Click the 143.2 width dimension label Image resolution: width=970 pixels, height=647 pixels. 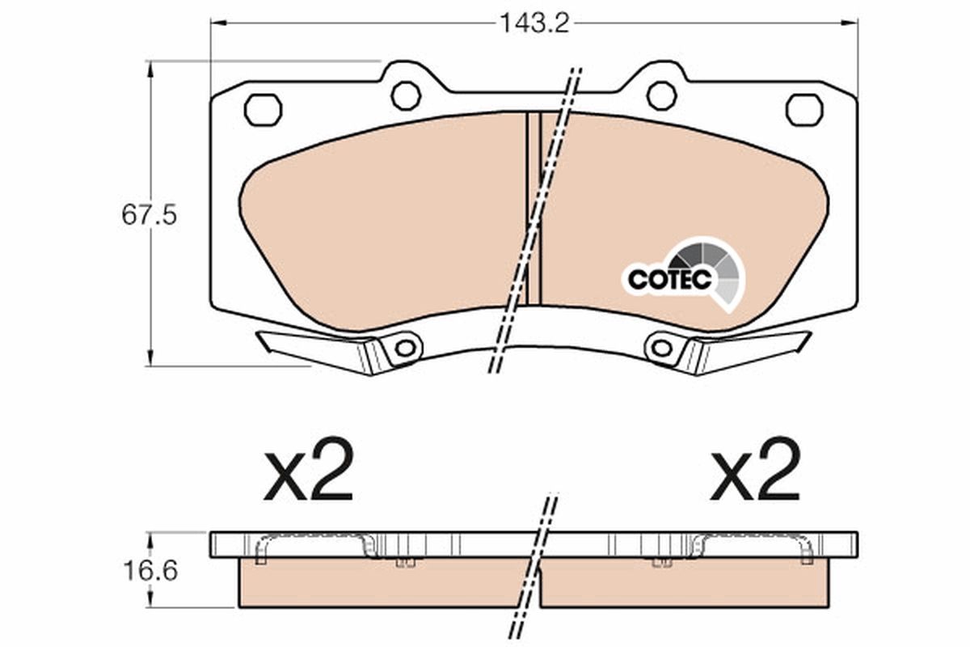[533, 23]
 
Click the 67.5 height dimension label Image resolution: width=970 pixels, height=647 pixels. [149, 216]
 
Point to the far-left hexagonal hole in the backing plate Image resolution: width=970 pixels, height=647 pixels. [263, 109]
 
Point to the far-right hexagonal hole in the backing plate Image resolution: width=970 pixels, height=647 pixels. [803, 109]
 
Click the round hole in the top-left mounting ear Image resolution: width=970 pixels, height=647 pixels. [405, 95]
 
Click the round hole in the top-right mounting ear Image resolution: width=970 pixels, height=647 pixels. [661, 95]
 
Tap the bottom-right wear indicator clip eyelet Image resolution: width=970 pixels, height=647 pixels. [662, 349]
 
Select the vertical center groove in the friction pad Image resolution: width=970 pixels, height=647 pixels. [533, 209]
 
